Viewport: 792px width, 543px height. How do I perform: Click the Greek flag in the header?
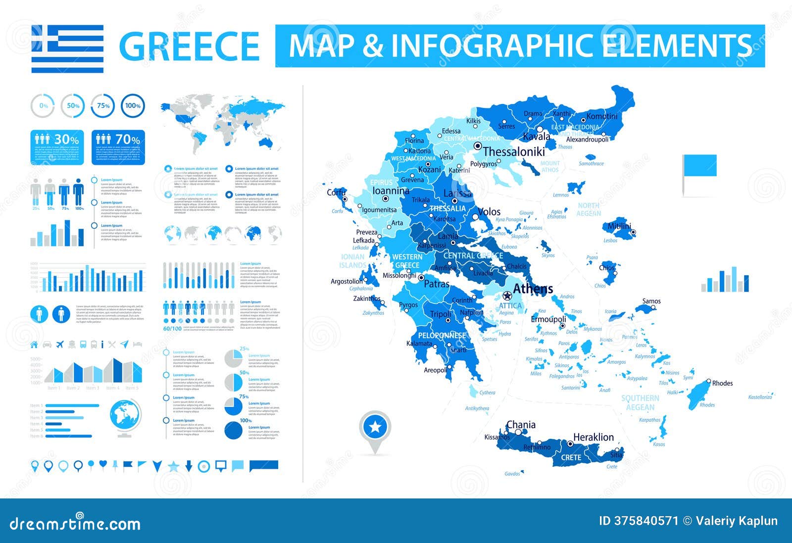(67, 49)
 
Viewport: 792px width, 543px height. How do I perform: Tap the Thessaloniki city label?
(514, 152)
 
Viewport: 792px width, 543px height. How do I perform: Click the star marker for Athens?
(506, 296)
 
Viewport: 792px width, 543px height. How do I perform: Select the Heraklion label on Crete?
(593, 437)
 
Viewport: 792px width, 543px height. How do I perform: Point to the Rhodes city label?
(722, 383)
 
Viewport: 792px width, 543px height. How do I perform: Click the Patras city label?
(437, 284)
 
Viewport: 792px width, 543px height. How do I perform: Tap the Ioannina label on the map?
(391, 191)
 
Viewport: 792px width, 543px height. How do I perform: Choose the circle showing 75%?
(103, 105)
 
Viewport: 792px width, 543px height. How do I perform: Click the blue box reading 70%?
(118, 147)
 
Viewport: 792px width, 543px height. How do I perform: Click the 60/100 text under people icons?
(172, 329)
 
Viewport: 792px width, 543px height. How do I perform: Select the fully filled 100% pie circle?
(233, 430)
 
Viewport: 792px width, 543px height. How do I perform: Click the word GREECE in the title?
(190, 46)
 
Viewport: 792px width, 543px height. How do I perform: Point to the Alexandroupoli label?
(587, 140)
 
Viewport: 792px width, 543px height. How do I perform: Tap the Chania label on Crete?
(521, 425)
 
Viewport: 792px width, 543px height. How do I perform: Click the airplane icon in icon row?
(60, 344)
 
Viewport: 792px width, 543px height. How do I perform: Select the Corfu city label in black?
(336, 193)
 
